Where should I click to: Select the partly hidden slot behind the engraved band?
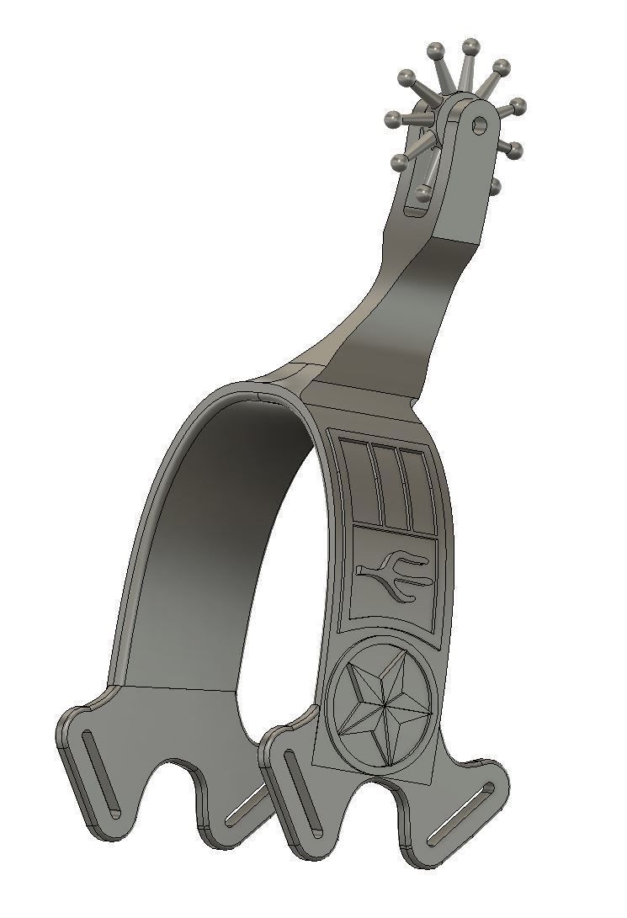244,808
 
